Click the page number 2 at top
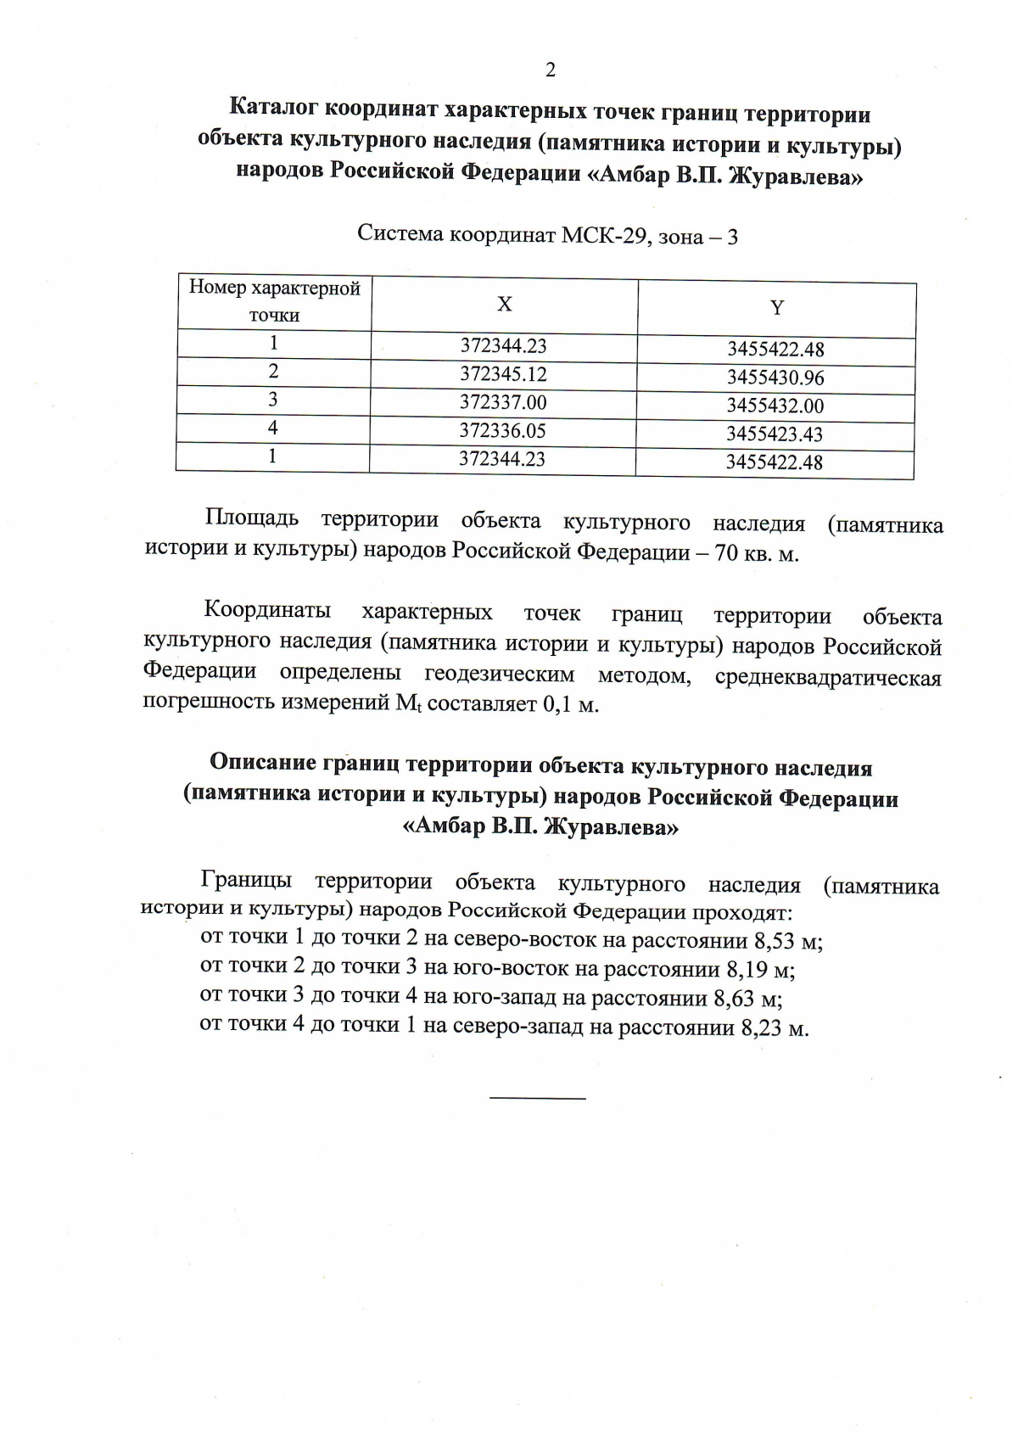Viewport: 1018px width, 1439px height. (x=550, y=70)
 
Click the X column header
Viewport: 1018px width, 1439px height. (x=504, y=305)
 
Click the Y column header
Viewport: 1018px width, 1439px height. (x=776, y=308)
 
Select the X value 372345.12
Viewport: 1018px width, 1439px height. (x=503, y=374)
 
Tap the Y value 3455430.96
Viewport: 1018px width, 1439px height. (x=775, y=378)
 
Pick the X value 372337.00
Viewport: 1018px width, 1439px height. (x=503, y=402)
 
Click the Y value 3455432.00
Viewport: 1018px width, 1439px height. (x=775, y=406)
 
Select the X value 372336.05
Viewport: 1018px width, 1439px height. (x=502, y=431)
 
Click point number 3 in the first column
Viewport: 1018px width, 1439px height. (x=273, y=399)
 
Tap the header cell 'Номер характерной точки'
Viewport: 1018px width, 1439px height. (x=274, y=301)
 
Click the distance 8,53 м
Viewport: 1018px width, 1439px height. (x=774, y=941)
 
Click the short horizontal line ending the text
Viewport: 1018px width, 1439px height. (x=538, y=1099)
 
